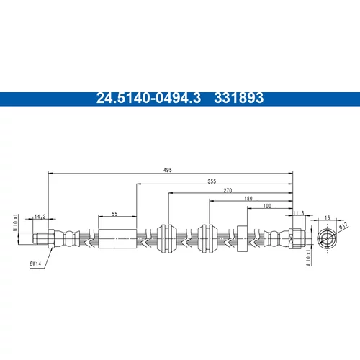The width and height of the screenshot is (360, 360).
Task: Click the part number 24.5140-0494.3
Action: [148, 98]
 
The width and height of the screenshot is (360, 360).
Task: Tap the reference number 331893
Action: [239, 98]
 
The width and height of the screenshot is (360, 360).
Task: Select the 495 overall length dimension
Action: [168, 170]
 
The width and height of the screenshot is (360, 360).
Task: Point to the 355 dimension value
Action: [212, 181]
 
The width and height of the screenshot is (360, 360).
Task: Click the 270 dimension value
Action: [228, 190]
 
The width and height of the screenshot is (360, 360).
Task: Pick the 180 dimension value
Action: [248, 198]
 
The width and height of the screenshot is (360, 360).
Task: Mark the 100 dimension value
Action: [267, 206]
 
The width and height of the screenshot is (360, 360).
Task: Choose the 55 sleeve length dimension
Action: [114, 214]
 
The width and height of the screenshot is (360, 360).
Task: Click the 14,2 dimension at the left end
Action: [40, 217]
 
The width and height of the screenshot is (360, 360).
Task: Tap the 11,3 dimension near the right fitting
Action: [299, 213]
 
